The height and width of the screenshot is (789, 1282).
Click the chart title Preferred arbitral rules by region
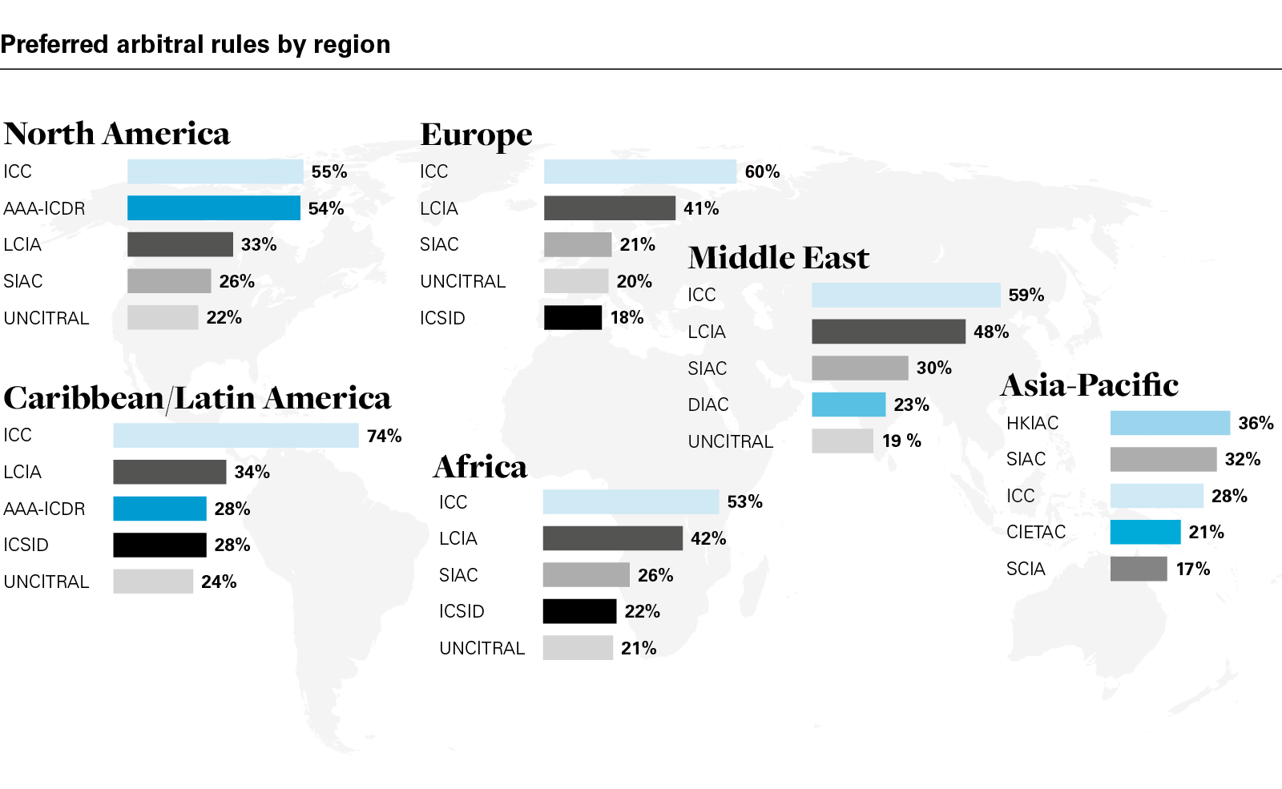(x=196, y=44)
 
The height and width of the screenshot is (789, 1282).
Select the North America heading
(x=117, y=134)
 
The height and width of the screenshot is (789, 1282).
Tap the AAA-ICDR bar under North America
(x=213, y=208)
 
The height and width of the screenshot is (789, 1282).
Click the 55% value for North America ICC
(x=329, y=171)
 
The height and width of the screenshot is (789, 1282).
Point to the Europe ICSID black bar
(x=572, y=317)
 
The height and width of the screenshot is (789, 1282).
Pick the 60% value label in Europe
(x=762, y=171)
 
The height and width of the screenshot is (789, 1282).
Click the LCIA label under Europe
(x=439, y=208)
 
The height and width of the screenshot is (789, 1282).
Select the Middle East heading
(x=778, y=258)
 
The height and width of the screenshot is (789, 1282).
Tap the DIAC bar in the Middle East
(x=848, y=405)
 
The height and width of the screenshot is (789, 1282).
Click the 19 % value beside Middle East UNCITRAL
(x=901, y=441)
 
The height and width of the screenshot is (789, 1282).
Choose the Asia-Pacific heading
(x=1090, y=385)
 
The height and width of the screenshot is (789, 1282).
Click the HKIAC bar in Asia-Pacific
(x=1169, y=423)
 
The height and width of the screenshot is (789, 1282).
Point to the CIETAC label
(x=1036, y=532)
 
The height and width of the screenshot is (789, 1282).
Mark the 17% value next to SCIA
(x=1193, y=569)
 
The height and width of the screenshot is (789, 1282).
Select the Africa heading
(x=480, y=467)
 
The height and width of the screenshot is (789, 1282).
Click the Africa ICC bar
(x=631, y=501)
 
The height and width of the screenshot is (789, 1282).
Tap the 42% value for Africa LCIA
(x=708, y=538)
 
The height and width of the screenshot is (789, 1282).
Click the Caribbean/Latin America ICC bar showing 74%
(x=236, y=435)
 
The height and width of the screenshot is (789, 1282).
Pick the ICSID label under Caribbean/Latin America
(x=26, y=545)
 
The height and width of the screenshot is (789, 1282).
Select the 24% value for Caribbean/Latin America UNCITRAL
(x=219, y=582)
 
